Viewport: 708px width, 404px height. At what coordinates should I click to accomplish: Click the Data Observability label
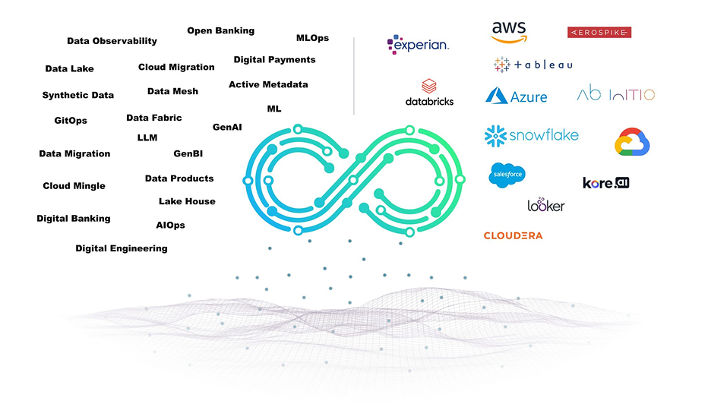pyautogui.click(x=112, y=41)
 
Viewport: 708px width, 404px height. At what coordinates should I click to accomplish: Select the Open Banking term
pyautogui.click(x=220, y=31)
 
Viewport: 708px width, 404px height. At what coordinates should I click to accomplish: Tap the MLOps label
pyautogui.click(x=312, y=38)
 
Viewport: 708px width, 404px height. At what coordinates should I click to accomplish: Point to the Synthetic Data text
pyautogui.click(x=77, y=96)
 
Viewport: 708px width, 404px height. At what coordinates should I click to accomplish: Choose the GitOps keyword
pyautogui.click(x=71, y=121)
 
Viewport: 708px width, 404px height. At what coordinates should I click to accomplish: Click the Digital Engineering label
pyautogui.click(x=122, y=248)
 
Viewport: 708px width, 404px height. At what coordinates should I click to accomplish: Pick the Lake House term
pyautogui.click(x=187, y=201)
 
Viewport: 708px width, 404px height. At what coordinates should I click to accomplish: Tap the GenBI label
pyautogui.click(x=188, y=153)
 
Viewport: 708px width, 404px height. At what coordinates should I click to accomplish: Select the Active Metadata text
pyautogui.click(x=268, y=84)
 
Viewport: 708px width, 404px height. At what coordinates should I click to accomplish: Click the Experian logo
pyautogui.click(x=418, y=45)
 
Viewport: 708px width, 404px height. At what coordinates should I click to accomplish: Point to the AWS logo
pyautogui.click(x=509, y=32)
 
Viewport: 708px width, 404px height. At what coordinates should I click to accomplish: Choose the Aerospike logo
pyautogui.click(x=599, y=32)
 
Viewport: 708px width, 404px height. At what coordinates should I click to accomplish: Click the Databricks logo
pyautogui.click(x=429, y=93)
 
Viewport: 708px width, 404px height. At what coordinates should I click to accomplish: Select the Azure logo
pyautogui.click(x=517, y=96)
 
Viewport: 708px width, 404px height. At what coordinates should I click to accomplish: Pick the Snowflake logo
pyautogui.click(x=532, y=136)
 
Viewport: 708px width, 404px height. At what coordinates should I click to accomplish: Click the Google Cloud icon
pyautogui.click(x=634, y=142)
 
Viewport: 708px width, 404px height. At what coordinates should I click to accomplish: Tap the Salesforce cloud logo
pyautogui.click(x=507, y=174)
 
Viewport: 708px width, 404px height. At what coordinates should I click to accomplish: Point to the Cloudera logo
pyautogui.click(x=513, y=235)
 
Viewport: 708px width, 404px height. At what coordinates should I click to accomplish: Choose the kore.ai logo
pyautogui.click(x=605, y=183)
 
